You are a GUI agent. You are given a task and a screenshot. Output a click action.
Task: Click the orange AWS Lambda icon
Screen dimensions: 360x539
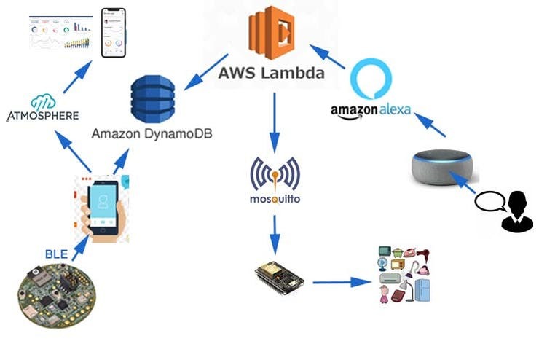click(x=271, y=33)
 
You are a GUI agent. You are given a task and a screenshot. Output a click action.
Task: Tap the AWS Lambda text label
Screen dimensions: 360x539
click(x=272, y=73)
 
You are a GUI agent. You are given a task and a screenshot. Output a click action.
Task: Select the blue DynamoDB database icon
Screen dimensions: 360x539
click(x=152, y=101)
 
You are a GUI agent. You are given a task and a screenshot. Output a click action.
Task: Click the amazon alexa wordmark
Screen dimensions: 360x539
click(x=371, y=111)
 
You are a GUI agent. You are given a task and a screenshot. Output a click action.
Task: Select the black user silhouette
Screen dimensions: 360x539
click(x=517, y=211)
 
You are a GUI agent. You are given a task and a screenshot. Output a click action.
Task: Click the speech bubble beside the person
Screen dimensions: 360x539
click(x=489, y=200)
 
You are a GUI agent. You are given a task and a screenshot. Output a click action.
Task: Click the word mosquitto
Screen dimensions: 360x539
click(x=275, y=198)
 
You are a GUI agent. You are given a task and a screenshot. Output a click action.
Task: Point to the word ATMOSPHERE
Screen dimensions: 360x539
click(x=42, y=116)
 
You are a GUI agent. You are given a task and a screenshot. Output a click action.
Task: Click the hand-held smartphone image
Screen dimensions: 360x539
click(x=101, y=208)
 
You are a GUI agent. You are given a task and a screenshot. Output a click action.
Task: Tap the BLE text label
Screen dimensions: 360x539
click(x=56, y=254)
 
